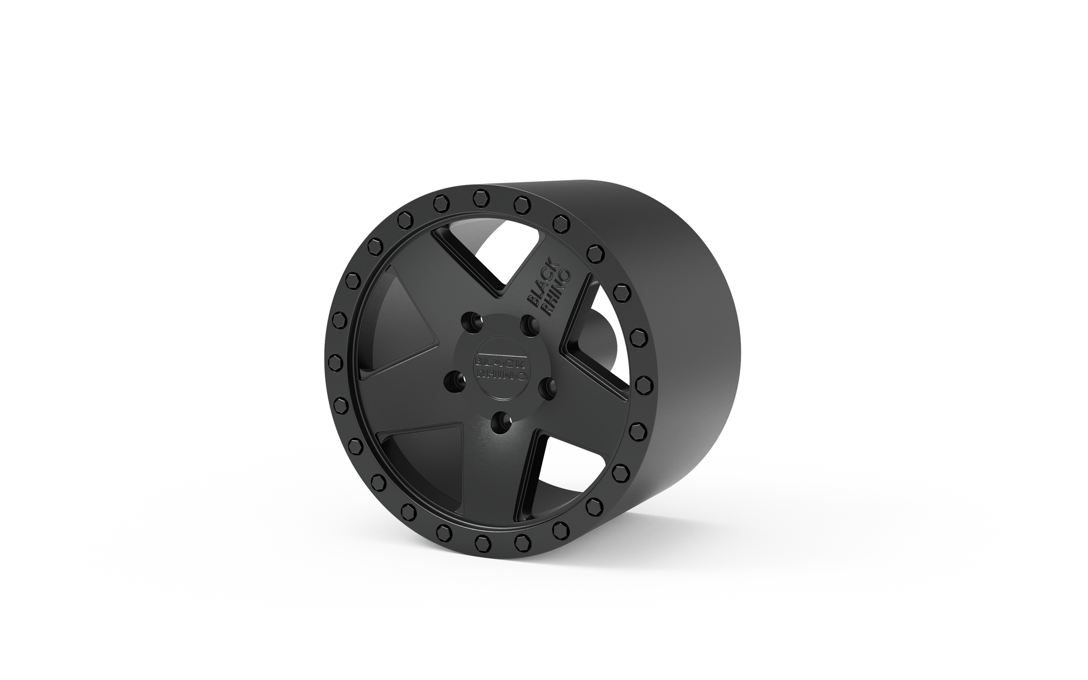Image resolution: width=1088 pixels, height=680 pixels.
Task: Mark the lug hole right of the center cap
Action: coord(547,386)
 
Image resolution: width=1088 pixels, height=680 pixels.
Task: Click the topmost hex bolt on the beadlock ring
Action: coord(480,197)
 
